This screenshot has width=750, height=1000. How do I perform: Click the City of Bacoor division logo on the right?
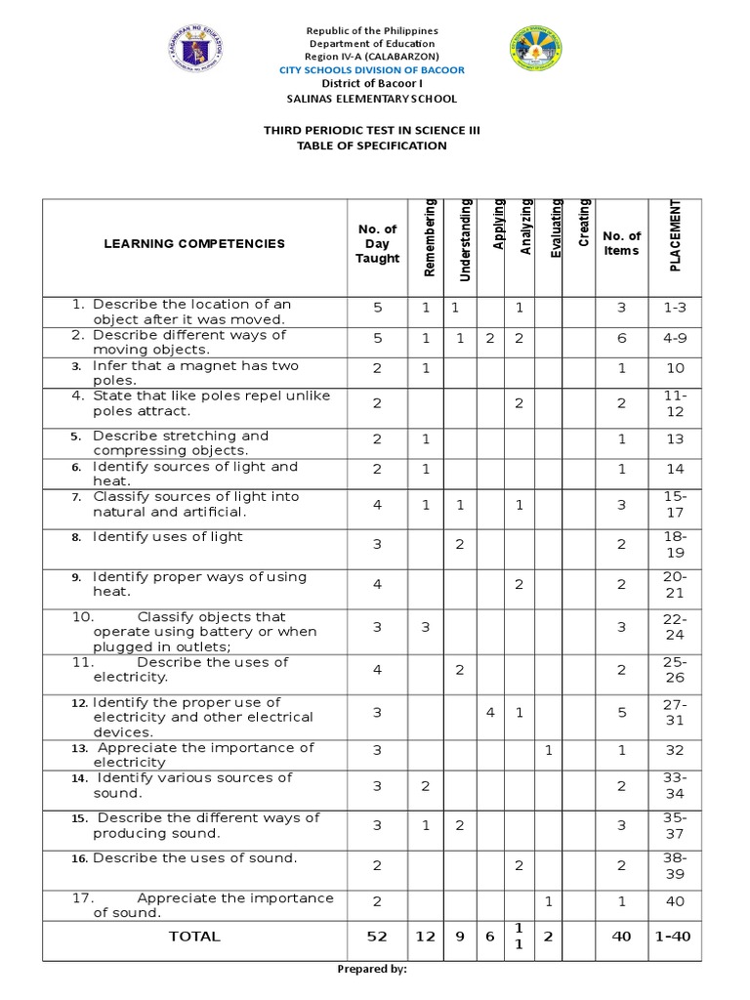(536, 50)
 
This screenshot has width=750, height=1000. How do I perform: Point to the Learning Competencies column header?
(194, 244)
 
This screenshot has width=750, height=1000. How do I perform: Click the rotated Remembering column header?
(429, 236)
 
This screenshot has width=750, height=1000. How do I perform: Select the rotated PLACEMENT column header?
(675, 235)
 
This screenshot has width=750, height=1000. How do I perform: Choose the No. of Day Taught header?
(377, 244)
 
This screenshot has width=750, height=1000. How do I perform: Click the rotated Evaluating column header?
(556, 229)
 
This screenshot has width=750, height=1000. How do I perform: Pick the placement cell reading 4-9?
(675, 338)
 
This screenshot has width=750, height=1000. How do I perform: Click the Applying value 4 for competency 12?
(490, 713)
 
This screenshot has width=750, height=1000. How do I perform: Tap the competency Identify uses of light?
(167, 537)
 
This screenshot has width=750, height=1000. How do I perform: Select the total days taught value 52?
(377, 937)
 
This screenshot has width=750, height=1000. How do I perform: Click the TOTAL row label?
(194, 937)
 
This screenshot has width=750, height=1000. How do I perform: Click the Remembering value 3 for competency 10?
(426, 627)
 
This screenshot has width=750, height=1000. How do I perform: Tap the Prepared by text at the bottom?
(371, 969)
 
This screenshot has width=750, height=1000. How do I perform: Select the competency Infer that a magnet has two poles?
(194, 373)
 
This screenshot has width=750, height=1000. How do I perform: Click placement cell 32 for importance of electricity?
(675, 751)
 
